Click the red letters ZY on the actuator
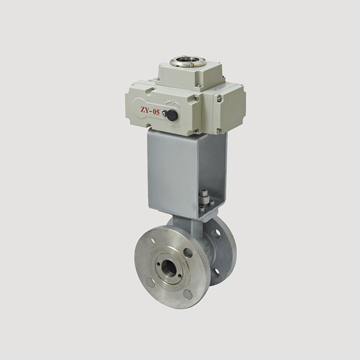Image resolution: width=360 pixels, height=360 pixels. tap(145, 110)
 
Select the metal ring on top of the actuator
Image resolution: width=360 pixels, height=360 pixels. tap(187, 62)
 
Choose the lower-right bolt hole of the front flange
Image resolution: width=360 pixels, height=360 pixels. tap(187, 294)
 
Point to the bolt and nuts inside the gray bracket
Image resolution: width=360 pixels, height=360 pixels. tap(203, 199)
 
